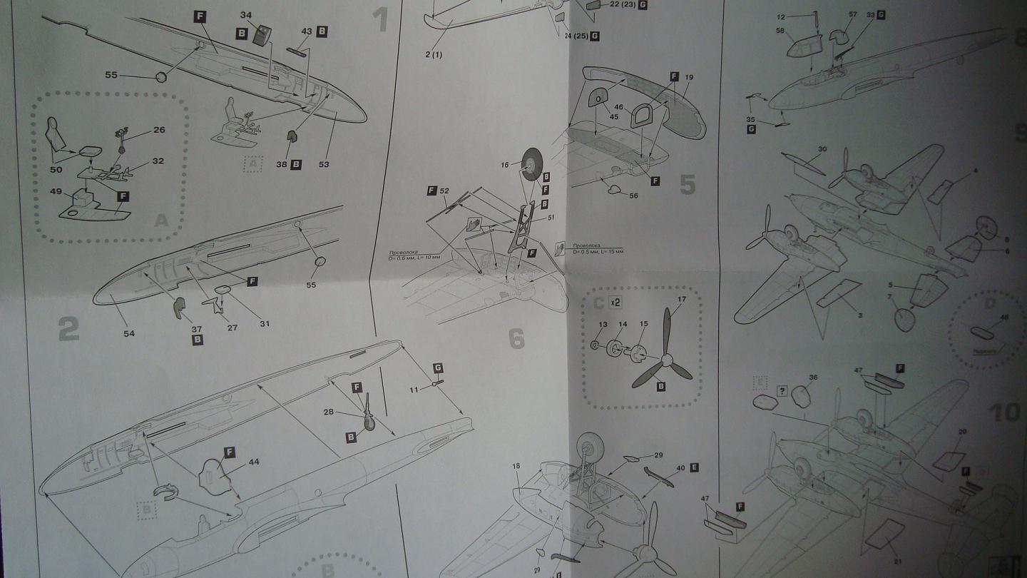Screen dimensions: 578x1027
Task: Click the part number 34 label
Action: pos(246,14)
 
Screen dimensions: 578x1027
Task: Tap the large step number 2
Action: pos(68,329)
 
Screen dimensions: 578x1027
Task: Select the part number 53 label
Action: pos(324,164)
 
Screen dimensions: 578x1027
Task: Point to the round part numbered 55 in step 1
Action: pos(161,77)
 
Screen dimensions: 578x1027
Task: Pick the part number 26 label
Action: pos(158,130)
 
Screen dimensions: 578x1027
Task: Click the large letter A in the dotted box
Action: pos(162,220)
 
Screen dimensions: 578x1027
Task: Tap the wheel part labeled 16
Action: pos(531,164)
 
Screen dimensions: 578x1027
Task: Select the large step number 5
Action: pos(687,184)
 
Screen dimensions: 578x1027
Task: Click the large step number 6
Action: pos(516,339)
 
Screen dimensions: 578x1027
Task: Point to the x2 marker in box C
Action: pos(615,303)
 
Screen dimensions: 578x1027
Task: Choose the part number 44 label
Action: pos(254,462)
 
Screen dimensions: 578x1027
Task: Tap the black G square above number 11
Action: pos(438,368)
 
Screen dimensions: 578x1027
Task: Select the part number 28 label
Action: pos(327,412)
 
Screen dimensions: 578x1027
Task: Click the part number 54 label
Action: pos(128,333)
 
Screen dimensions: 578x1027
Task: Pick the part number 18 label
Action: pos(516,466)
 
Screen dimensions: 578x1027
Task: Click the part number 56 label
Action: pos(633,196)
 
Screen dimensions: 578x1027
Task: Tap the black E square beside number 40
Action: pos(694,468)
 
